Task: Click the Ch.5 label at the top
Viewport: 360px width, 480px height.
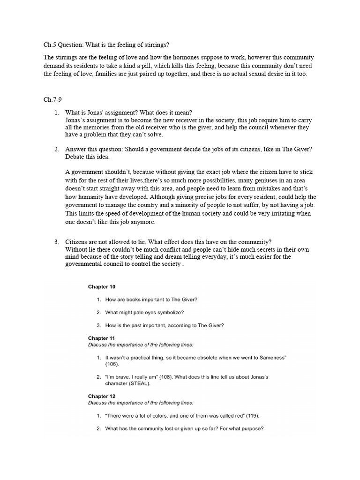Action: tap(49, 45)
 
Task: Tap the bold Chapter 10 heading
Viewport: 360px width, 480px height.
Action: tap(102, 286)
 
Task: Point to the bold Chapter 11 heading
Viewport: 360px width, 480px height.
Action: tap(101, 337)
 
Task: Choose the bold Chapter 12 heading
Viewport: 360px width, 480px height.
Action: tap(102, 396)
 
